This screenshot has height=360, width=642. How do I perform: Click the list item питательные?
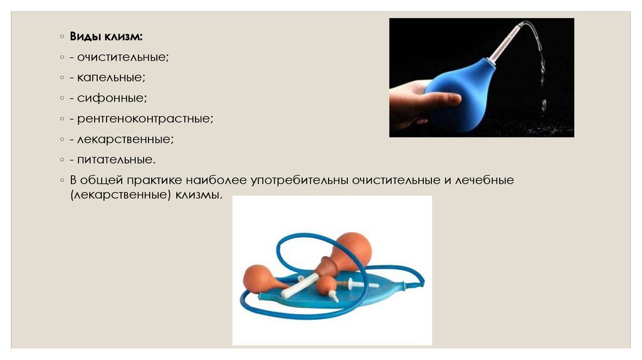click(x=117, y=159)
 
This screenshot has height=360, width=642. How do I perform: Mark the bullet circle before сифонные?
click(x=62, y=98)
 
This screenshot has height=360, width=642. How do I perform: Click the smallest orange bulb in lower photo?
click(x=327, y=285)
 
